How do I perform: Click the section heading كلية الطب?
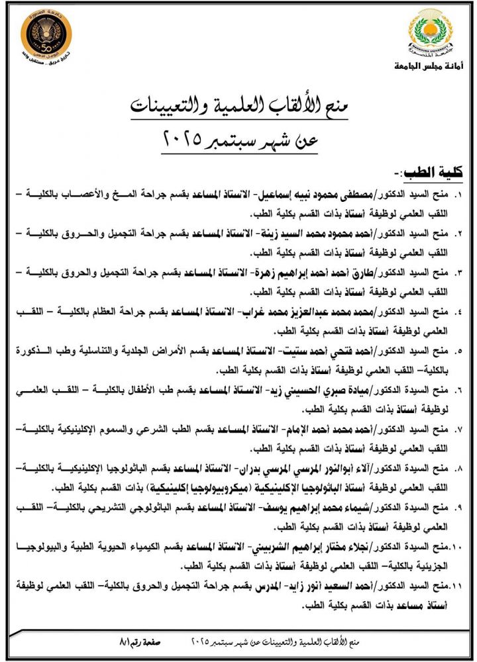(433, 173)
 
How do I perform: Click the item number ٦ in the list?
(458, 389)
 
